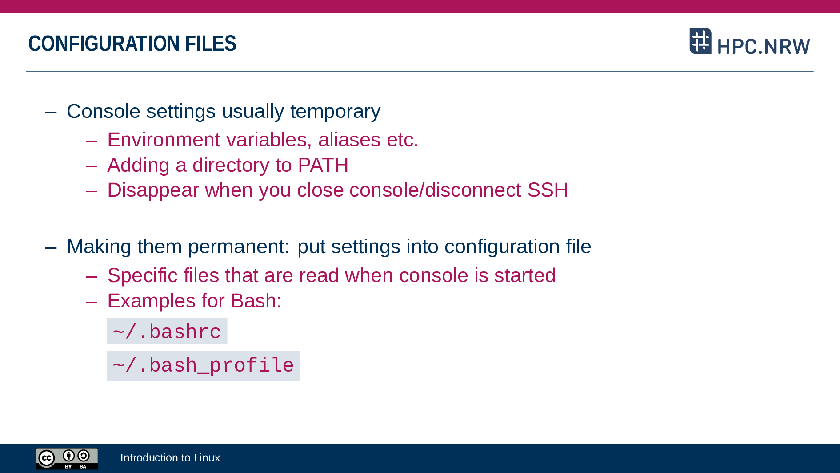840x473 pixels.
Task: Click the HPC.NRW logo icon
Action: click(x=700, y=41)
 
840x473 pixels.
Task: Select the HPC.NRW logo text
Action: click(x=764, y=46)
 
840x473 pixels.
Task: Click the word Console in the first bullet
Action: click(x=104, y=111)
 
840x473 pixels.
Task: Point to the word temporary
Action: click(x=335, y=112)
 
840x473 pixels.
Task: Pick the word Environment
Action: click(x=164, y=140)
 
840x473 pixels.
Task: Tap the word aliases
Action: click(x=349, y=140)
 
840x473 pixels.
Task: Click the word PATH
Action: click(x=323, y=165)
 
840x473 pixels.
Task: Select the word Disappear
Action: click(x=153, y=190)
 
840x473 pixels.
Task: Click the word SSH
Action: click(x=548, y=190)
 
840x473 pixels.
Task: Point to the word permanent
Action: click(x=239, y=247)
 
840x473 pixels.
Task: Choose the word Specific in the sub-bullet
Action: click(x=143, y=276)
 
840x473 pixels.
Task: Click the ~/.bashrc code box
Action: click(x=167, y=331)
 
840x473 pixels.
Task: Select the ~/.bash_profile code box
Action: click(x=204, y=366)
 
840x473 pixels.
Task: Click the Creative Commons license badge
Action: click(x=67, y=458)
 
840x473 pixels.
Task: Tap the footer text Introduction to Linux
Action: click(x=170, y=458)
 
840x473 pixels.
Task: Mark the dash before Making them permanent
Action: click(x=51, y=247)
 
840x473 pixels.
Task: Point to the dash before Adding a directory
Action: click(x=92, y=166)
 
